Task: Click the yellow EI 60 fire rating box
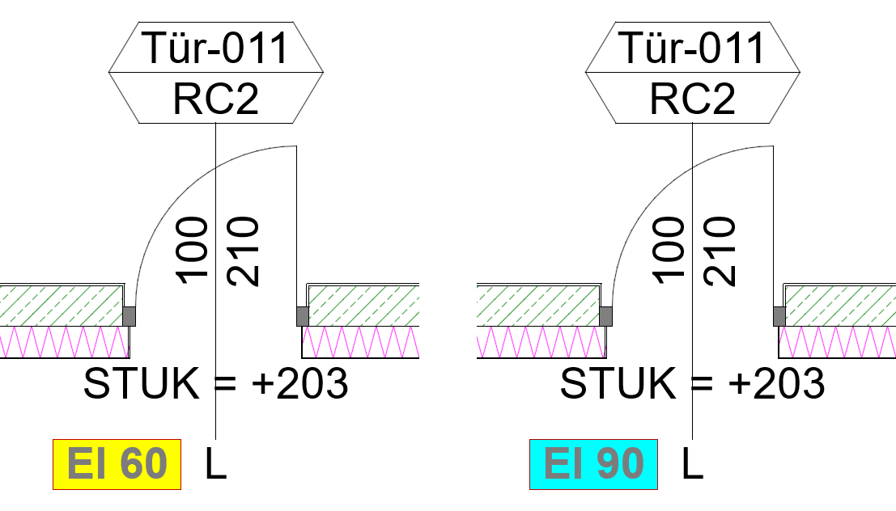click(117, 464)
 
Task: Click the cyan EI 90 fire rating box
click(594, 464)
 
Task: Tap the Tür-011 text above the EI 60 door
click(214, 48)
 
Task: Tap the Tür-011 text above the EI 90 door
click(691, 48)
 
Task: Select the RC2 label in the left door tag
click(216, 99)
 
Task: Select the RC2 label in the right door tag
click(693, 99)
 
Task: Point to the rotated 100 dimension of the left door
click(192, 250)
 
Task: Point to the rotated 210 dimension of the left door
click(243, 251)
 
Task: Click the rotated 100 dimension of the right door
click(669, 250)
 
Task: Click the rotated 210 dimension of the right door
click(720, 251)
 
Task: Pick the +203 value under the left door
click(300, 383)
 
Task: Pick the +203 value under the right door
click(776, 383)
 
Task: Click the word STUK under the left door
click(141, 383)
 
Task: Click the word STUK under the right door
click(618, 383)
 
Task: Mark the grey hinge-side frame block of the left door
click(303, 316)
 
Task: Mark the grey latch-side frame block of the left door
click(130, 316)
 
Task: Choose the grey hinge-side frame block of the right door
click(779, 316)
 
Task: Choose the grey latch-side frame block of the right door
click(605, 316)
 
